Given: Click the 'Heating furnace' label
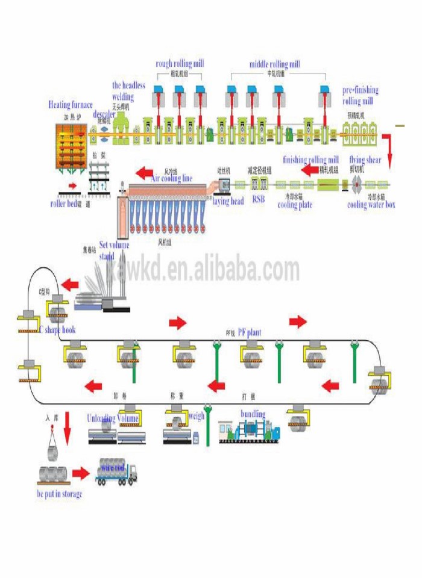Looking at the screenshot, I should [71, 105].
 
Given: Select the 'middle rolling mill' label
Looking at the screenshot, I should [275, 64].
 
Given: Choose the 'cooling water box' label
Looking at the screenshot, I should [371, 205].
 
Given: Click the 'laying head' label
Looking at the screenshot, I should [228, 201].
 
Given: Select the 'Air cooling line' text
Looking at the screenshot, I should [172, 179].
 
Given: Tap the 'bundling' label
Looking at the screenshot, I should [253, 415].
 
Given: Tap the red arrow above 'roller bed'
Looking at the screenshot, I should [73, 186].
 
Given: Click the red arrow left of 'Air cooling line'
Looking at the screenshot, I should [143, 173].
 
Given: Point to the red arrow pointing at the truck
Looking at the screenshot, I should [80, 473].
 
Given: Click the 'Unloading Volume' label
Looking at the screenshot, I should [113, 418].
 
